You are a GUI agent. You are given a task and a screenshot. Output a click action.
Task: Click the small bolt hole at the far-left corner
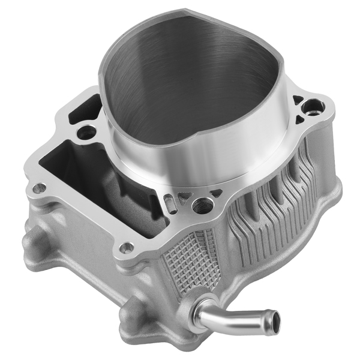click(39, 188)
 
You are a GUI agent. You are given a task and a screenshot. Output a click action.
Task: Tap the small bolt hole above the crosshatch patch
click(127, 247)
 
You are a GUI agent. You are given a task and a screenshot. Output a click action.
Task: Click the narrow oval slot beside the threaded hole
click(172, 203)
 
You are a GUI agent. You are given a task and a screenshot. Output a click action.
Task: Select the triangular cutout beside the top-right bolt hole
click(297, 100)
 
